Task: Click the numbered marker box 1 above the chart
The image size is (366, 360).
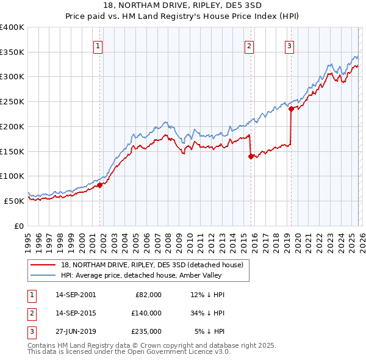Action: pos(98,45)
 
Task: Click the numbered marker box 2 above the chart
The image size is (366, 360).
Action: pos(249,45)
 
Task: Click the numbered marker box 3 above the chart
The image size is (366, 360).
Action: pos(290,45)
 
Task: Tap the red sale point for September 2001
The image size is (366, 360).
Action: pos(99,185)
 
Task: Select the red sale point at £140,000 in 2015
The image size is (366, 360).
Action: pos(251,156)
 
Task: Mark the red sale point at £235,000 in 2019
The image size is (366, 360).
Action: pos(291,109)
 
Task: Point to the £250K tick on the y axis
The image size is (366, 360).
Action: pos(12,102)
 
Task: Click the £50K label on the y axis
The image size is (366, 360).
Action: pos(14,201)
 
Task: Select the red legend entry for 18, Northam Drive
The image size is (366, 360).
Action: pos(152,265)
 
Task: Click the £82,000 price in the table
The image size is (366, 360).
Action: pos(146,295)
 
